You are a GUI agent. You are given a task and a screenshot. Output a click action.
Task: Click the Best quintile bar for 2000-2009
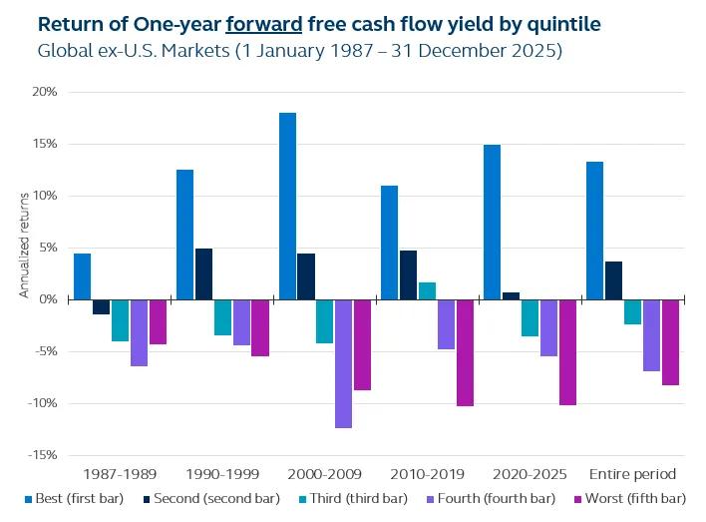point(287,206)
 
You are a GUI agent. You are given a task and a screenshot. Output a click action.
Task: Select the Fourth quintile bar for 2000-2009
point(343,363)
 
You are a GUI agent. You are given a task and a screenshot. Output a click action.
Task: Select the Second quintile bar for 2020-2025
point(511,295)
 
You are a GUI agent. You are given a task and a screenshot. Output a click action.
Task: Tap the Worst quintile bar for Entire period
point(670,342)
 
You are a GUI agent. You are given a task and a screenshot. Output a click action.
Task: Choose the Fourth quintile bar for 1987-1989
point(139,332)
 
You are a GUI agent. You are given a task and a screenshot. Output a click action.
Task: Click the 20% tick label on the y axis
point(45,92)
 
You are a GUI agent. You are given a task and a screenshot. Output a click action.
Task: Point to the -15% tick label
point(43,455)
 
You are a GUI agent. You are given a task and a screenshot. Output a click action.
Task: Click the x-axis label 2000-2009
point(325,474)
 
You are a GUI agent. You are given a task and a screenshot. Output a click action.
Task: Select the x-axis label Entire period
point(632,474)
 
